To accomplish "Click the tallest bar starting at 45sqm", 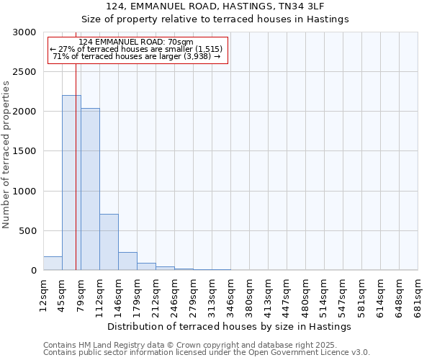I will pyautogui.click(x=71, y=183).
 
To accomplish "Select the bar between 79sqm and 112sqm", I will pyautogui.click(x=90, y=189).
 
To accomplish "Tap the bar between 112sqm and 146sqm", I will pyautogui.click(x=109, y=242).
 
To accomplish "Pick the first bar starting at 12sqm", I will pyautogui.click(x=53, y=264).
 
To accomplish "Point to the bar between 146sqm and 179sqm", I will pyautogui.click(x=127, y=261).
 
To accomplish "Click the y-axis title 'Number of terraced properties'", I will pyautogui.click(x=6, y=154).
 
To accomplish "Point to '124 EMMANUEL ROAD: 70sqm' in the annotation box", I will pyautogui.click(x=136, y=42).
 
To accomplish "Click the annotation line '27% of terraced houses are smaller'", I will pyautogui.click(x=136, y=49).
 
